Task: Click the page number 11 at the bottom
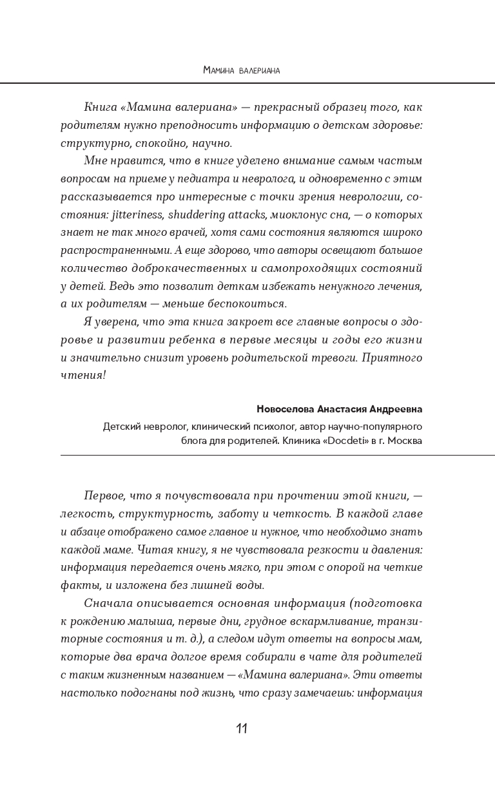pyautogui.click(x=242, y=729)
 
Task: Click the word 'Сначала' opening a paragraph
pyautogui.click(x=106, y=603)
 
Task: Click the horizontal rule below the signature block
pyautogui.click(x=277, y=456)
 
